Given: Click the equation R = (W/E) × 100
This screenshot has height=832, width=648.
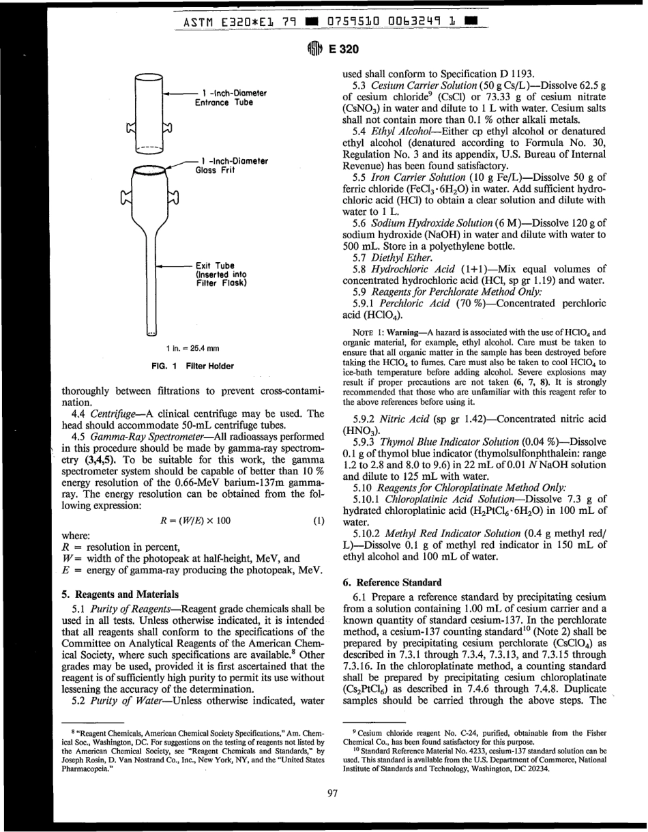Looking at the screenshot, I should click(193, 483).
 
